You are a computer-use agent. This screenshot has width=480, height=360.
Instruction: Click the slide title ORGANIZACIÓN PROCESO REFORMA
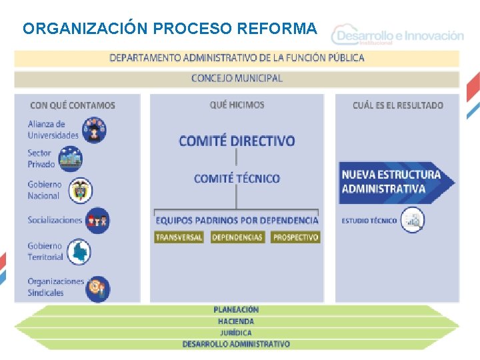click(x=170, y=29)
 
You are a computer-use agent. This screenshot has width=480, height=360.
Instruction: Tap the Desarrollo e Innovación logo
click(x=399, y=36)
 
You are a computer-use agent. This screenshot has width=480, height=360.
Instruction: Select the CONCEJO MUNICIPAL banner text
click(x=237, y=78)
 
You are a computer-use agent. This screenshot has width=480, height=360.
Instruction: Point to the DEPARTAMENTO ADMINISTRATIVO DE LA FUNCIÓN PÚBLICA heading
click(x=237, y=57)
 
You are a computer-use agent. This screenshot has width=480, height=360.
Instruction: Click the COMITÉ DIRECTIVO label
click(x=237, y=141)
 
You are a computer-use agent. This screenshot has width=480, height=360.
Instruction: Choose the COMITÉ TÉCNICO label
click(x=237, y=179)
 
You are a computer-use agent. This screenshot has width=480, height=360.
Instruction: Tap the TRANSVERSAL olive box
click(x=179, y=237)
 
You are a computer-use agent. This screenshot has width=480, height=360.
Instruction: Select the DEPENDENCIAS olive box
click(x=237, y=237)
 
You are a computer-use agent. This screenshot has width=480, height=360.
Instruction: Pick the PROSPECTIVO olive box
click(x=295, y=237)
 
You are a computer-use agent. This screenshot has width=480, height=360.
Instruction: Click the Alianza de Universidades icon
click(x=94, y=129)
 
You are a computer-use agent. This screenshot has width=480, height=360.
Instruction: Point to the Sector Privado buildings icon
click(x=70, y=159)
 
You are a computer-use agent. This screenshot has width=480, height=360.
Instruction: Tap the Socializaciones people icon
click(x=97, y=221)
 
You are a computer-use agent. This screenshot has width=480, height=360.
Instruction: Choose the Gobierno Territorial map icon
click(x=79, y=251)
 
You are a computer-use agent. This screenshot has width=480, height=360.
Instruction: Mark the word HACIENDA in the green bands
click(x=236, y=321)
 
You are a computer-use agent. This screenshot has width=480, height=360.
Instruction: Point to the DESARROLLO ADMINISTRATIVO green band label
click(x=236, y=344)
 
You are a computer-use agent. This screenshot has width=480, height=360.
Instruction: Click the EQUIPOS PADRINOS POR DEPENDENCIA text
click(x=237, y=220)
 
